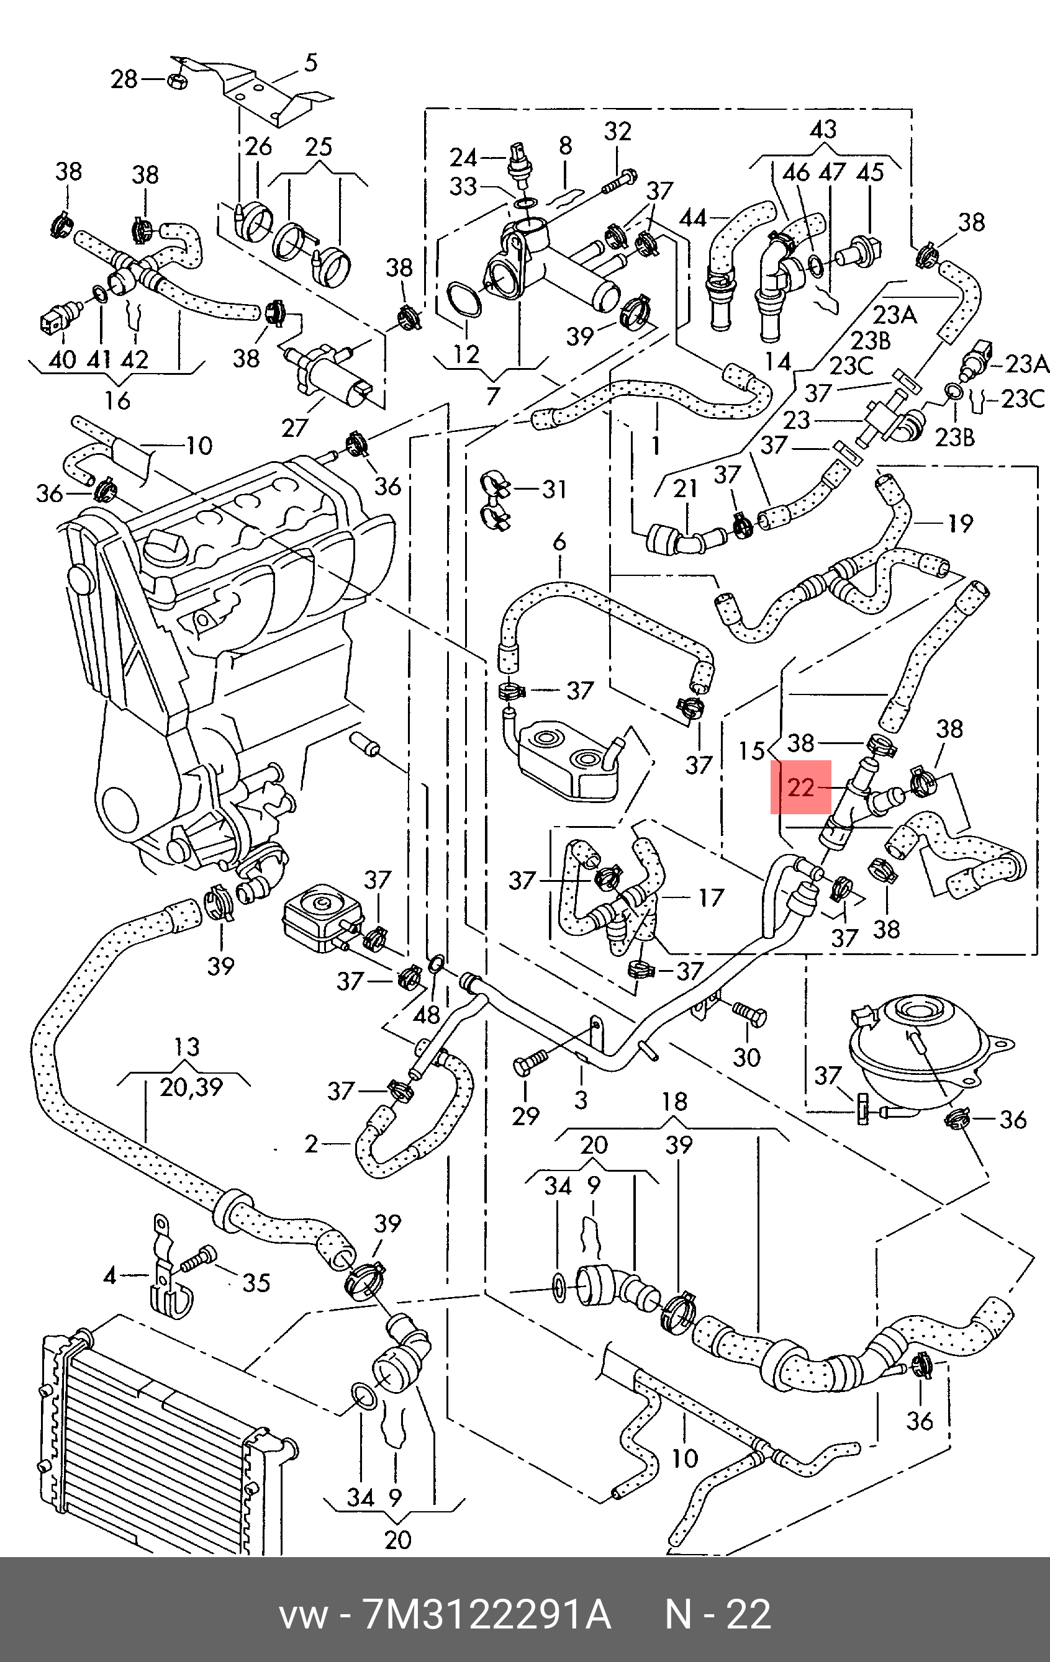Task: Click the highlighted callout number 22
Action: pyautogui.click(x=801, y=788)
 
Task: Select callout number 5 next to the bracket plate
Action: pyautogui.click(x=310, y=63)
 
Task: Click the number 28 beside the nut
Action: pyautogui.click(x=124, y=79)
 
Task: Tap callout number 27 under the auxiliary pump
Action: pyautogui.click(x=294, y=429)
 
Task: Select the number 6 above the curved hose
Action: pyautogui.click(x=559, y=542)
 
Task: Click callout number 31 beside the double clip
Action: pyautogui.click(x=554, y=489)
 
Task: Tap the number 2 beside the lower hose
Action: pyautogui.click(x=311, y=1144)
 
